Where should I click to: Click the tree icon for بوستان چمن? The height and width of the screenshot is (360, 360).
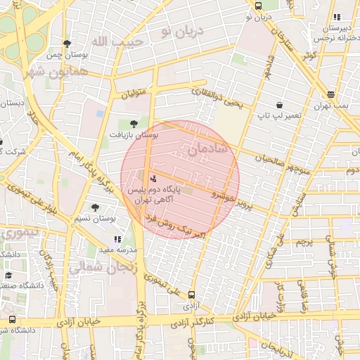[67, 44]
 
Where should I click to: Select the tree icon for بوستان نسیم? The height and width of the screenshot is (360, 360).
[95, 207]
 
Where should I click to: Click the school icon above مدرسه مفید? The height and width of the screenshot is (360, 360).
[117, 239]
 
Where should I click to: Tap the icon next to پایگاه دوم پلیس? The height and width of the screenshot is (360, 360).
[154, 179]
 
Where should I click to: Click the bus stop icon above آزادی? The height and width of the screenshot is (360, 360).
[192, 295]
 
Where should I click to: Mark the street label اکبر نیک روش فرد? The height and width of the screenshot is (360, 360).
[175, 226]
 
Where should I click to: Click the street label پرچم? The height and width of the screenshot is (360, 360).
[303, 243]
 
